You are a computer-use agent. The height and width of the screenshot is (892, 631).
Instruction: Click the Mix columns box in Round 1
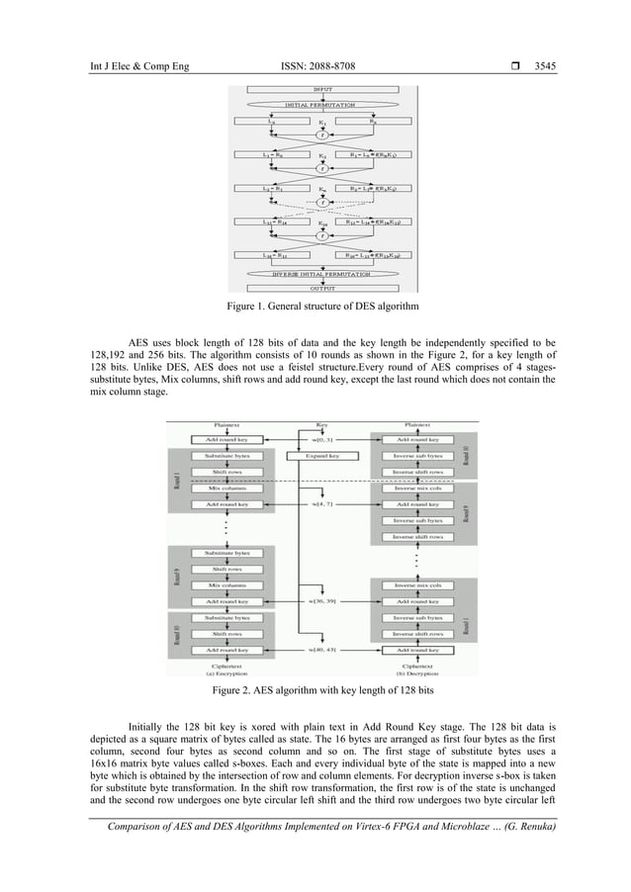(x=227, y=488)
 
